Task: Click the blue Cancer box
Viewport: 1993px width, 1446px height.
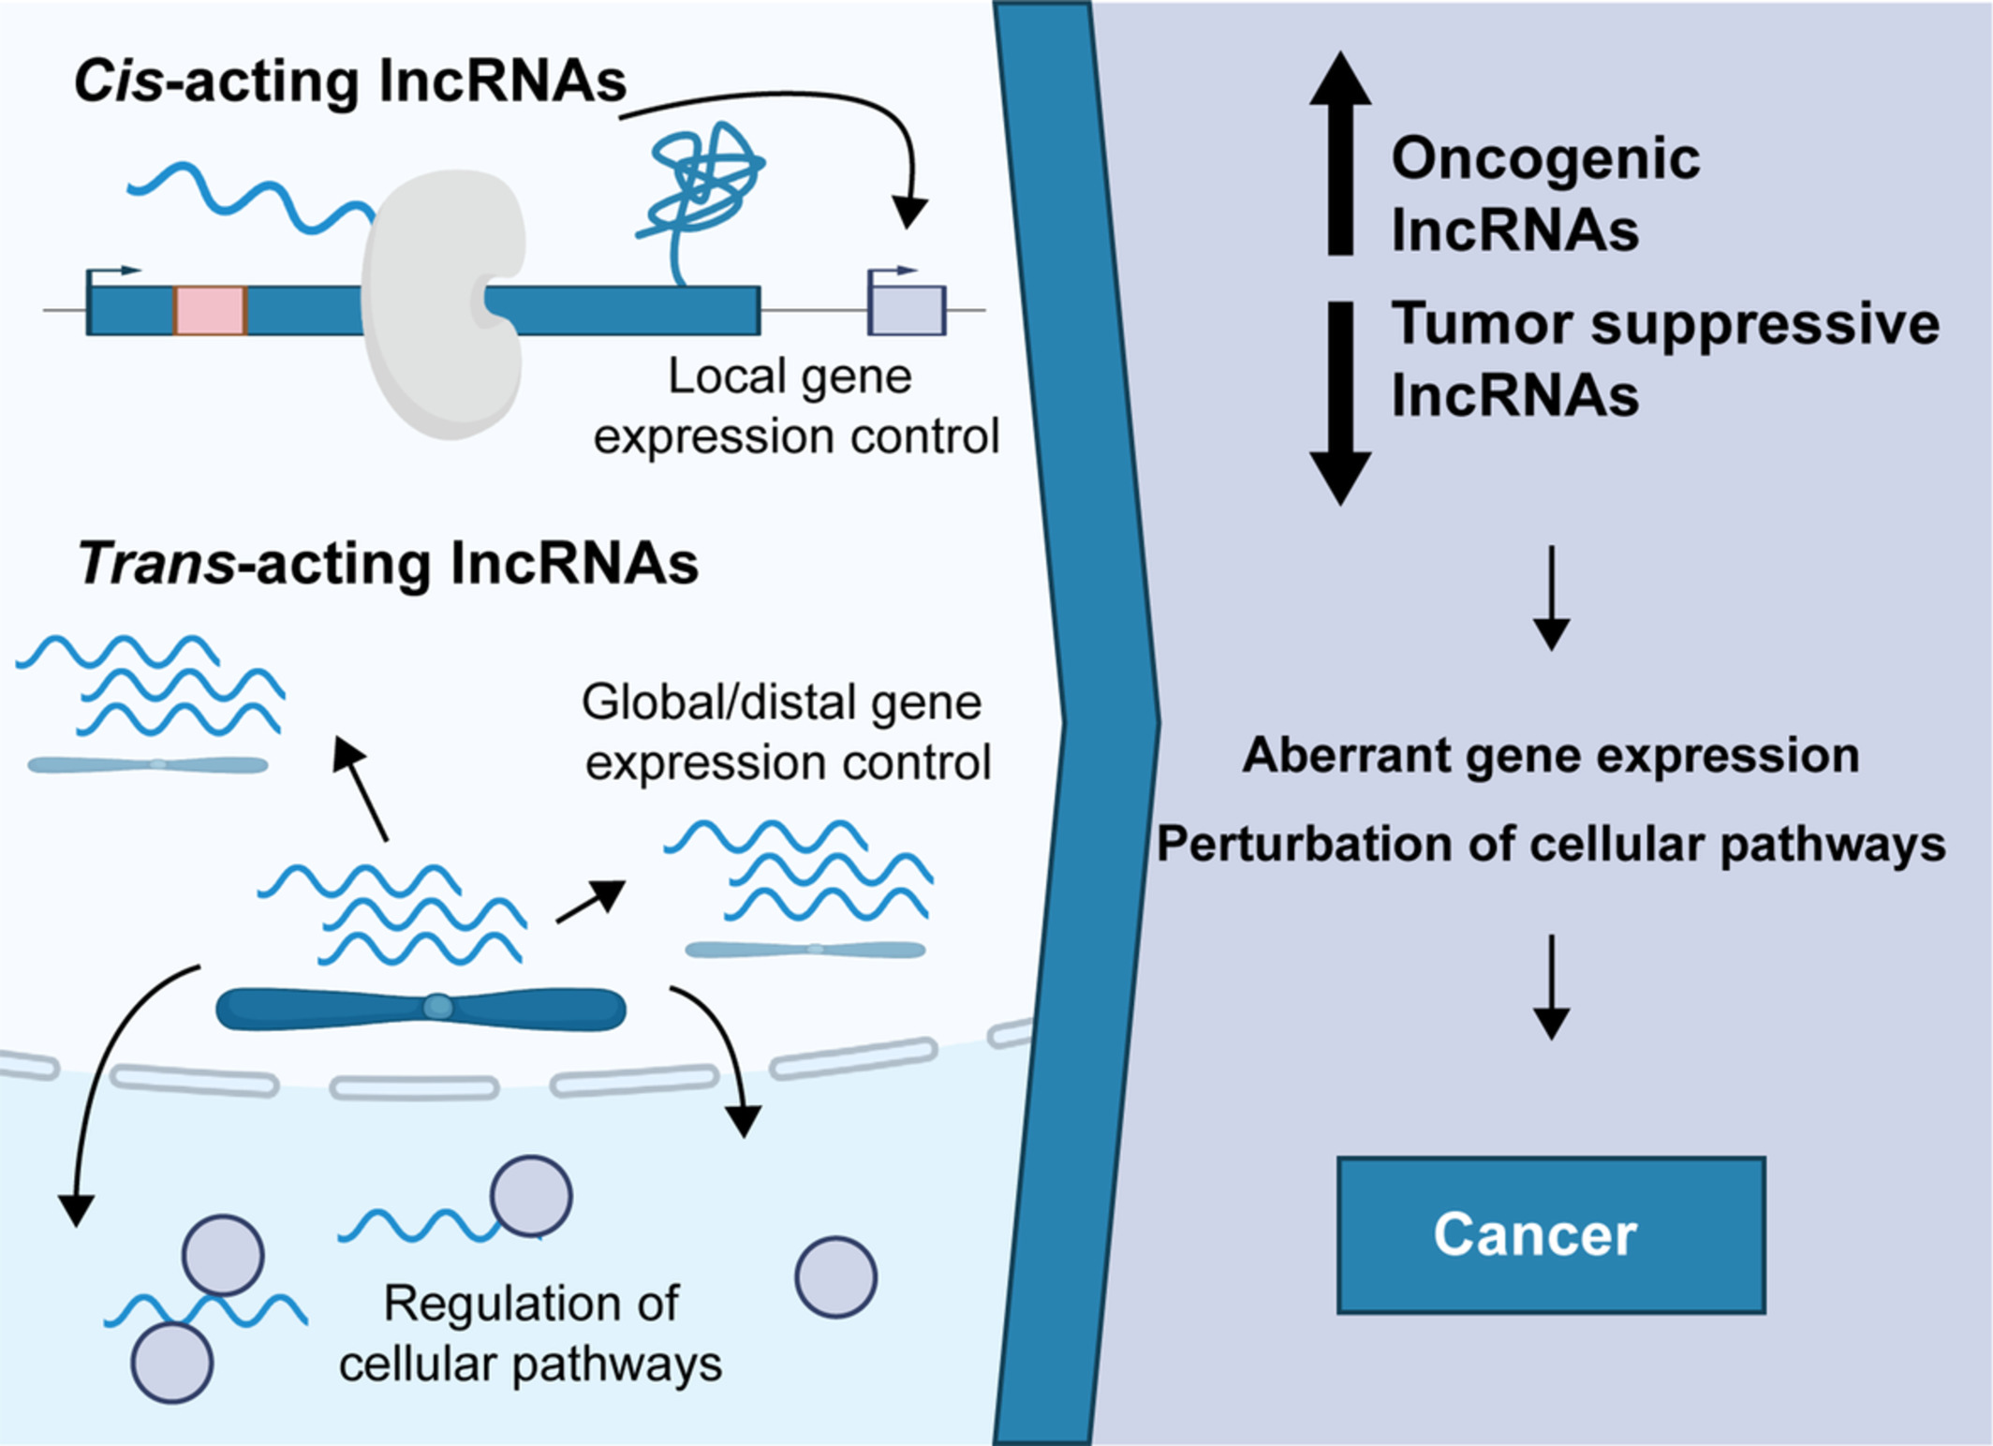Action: click(1551, 1234)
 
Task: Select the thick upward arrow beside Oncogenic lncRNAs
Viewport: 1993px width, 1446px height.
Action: click(1340, 155)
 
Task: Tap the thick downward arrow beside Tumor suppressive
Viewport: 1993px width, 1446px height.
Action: click(1340, 403)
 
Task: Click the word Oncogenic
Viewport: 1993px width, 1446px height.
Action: click(1545, 158)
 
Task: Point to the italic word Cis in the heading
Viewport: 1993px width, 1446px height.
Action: click(118, 81)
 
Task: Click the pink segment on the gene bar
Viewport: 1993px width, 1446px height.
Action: click(210, 311)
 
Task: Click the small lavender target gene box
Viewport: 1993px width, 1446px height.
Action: click(907, 310)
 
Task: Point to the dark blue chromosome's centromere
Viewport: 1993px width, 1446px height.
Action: click(437, 1008)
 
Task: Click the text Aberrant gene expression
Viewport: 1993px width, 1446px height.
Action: click(1551, 755)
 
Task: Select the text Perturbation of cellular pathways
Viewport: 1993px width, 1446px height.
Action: click(1551, 844)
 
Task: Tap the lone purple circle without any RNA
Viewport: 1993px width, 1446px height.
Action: click(835, 1277)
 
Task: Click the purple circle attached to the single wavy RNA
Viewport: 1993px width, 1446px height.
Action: click(531, 1196)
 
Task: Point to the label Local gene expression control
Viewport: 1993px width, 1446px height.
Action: click(796, 406)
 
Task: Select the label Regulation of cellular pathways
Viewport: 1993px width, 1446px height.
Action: click(531, 1334)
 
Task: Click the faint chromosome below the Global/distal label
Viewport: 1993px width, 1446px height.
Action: click(805, 950)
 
